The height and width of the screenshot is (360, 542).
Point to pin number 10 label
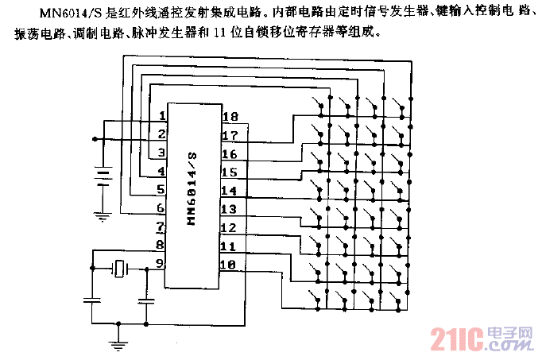tap(229, 265)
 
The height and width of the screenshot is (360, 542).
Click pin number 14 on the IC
tap(229, 191)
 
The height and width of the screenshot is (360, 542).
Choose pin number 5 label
tap(161, 190)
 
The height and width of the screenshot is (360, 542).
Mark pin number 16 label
tap(229, 154)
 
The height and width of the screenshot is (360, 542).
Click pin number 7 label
tap(161, 227)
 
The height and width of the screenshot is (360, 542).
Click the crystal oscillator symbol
tap(120, 270)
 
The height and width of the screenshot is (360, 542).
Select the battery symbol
tap(102, 175)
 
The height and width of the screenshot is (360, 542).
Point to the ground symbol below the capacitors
tap(119, 343)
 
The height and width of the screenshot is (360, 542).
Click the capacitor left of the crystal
tap(91, 300)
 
